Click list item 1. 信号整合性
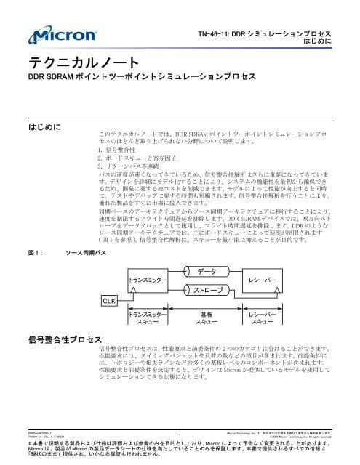click(120, 149)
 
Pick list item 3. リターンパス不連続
click(131, 166)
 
